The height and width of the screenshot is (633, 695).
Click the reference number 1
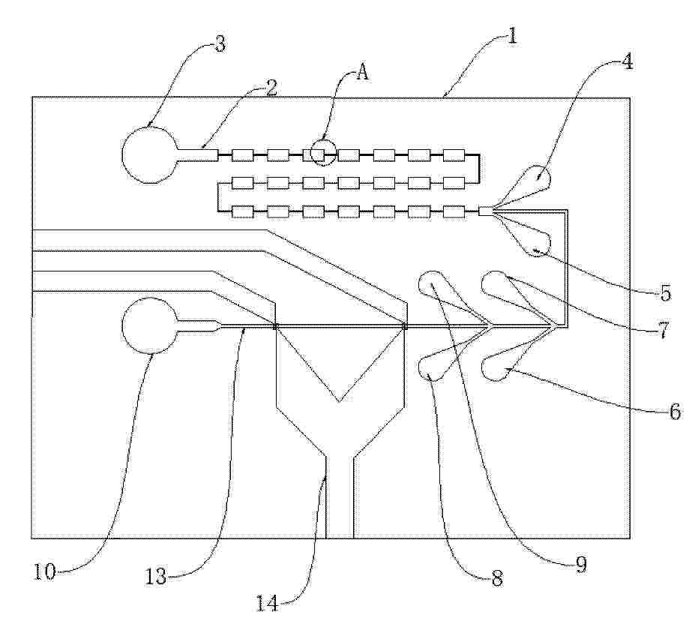coord(512,35)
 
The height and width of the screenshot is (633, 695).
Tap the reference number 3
coord(220,44)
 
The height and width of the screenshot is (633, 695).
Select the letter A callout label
coord(363,71)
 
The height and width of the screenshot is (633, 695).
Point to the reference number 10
coord(45,571)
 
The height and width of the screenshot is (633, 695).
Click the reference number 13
coord(156,576)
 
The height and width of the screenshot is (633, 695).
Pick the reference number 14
coord(268,603)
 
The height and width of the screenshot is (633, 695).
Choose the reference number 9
coord(581,565)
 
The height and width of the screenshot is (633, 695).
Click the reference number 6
coord(675,412)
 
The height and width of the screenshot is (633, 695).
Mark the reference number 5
coord(666,293)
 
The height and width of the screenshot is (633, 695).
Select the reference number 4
coord(627,61)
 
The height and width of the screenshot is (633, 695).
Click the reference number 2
coord(271,88)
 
